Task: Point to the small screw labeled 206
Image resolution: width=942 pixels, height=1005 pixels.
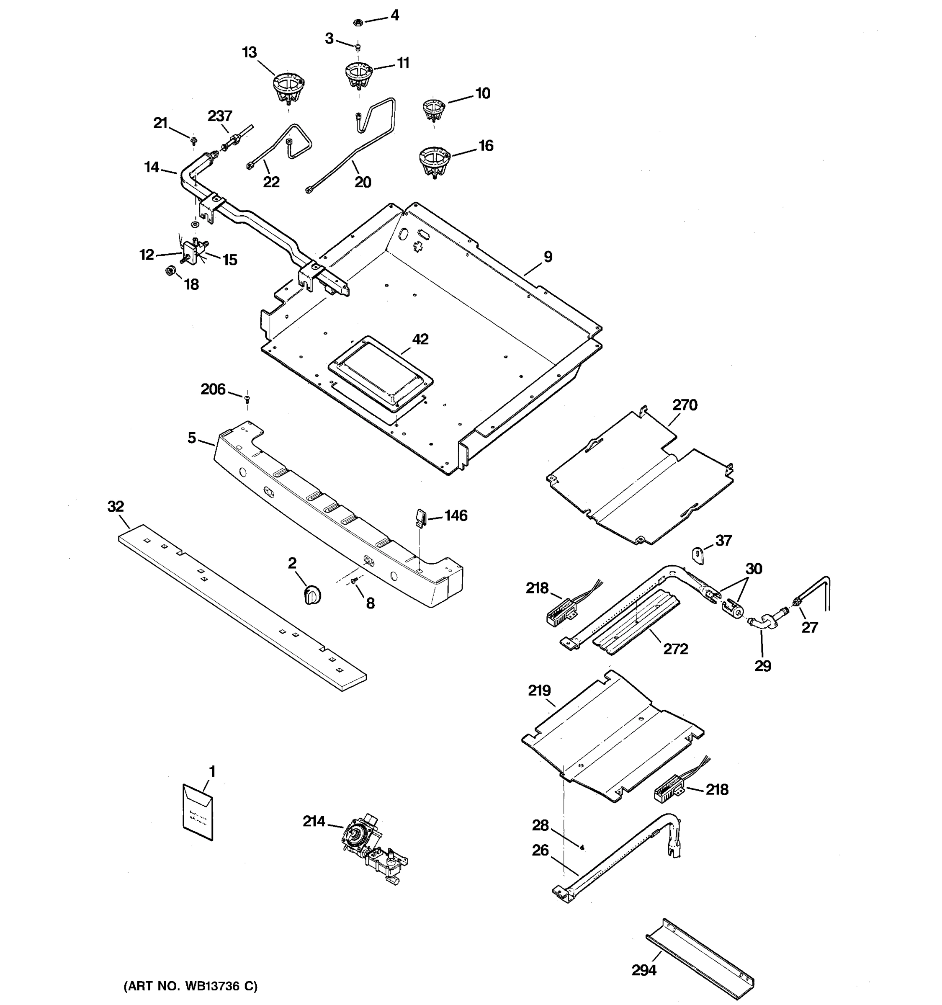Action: tap(247, 399)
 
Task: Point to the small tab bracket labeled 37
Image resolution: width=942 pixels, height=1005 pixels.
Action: tap(698, 554)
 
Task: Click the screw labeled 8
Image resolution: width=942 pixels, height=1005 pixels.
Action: tap(354, 582)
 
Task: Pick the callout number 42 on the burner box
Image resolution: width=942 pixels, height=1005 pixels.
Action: tap(420, 339)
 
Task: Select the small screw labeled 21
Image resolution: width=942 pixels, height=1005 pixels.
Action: tap(193, 139)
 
